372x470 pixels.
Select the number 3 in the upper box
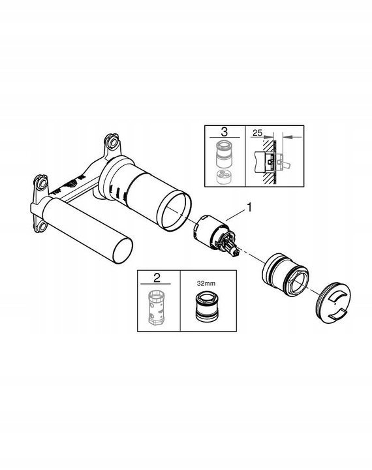(224, 131)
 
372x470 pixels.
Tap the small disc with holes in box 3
(224, 177)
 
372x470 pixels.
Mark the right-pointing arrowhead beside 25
(270, 136)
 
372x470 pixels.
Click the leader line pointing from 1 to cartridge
(234, 215)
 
